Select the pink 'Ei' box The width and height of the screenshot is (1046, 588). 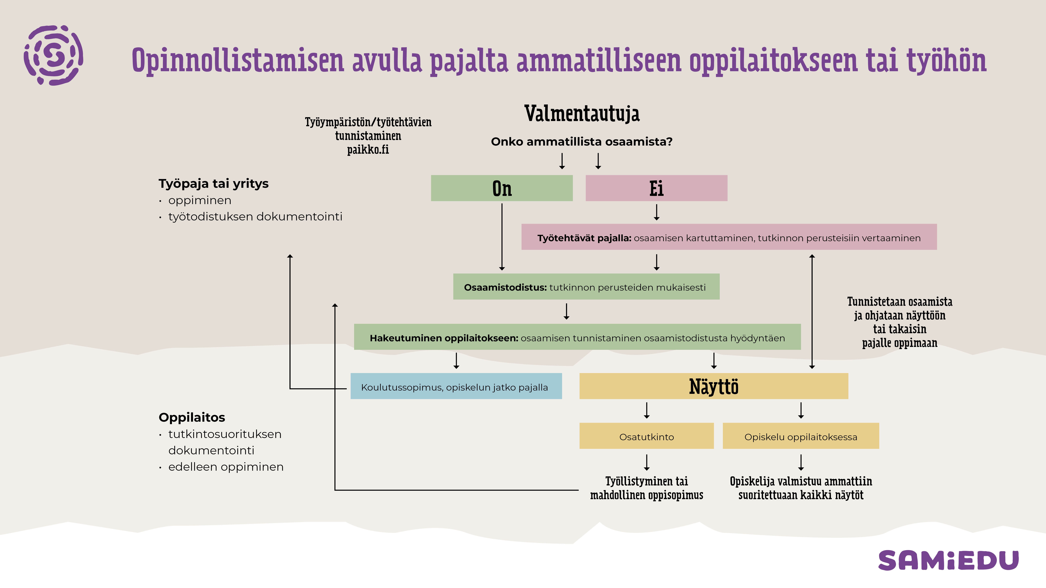pos(656,188)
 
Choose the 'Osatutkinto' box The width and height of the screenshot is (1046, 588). pos(646,436)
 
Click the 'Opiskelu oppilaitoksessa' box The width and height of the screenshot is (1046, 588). pos(801,436)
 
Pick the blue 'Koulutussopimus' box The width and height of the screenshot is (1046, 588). pos(456,386)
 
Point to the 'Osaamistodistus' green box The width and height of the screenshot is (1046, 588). pos(586,287)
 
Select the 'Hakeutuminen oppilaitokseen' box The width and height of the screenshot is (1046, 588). pos(577,337)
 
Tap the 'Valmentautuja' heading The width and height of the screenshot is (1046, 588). pos(582,114)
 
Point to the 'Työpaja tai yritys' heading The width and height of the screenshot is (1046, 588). pos(214,183)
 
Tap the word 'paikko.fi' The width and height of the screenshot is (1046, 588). pos(368,150)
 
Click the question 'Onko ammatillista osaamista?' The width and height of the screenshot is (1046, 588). pos(581,142)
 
